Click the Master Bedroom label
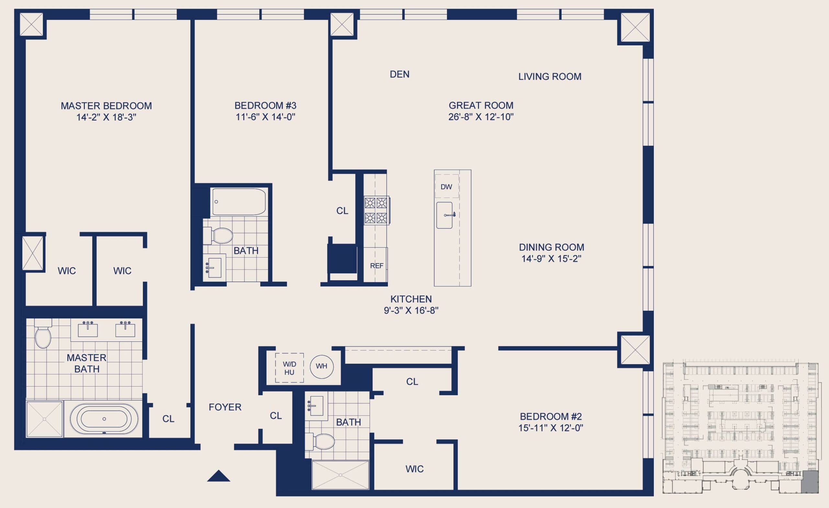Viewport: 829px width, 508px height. point(106,106)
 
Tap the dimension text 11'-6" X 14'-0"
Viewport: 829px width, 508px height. point(266,117)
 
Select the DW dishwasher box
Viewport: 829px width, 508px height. point(447,186)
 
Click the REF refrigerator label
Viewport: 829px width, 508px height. point(377,266)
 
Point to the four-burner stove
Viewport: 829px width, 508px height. point(377,210)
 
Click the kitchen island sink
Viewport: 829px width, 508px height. point(444,215)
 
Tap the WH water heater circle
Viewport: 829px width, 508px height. point(322,366)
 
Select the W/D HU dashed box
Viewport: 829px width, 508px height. point(290,368)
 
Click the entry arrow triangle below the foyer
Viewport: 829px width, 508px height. point(218,476)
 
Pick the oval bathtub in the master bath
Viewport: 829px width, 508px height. point(104,419)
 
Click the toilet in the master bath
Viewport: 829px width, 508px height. point(43,333)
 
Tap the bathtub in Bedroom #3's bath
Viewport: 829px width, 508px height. point(239,202)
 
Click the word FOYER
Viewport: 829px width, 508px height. point(225,407)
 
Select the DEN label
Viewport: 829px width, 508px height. point(400,75)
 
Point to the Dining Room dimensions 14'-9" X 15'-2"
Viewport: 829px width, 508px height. point(551,259)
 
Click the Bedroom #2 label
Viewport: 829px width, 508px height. point(551,416)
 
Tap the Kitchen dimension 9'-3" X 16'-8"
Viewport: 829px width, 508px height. point(411,310)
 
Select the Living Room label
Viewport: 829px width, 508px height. point(550,76)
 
